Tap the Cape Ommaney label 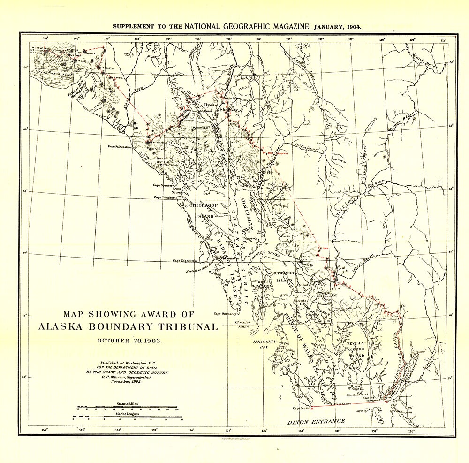click(x=226, y=314)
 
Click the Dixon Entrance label click(x=316, y=421)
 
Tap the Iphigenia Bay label click(x=265, y=344)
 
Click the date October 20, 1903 click(x=129, y=341)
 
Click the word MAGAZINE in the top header click(x=287, y=26)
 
